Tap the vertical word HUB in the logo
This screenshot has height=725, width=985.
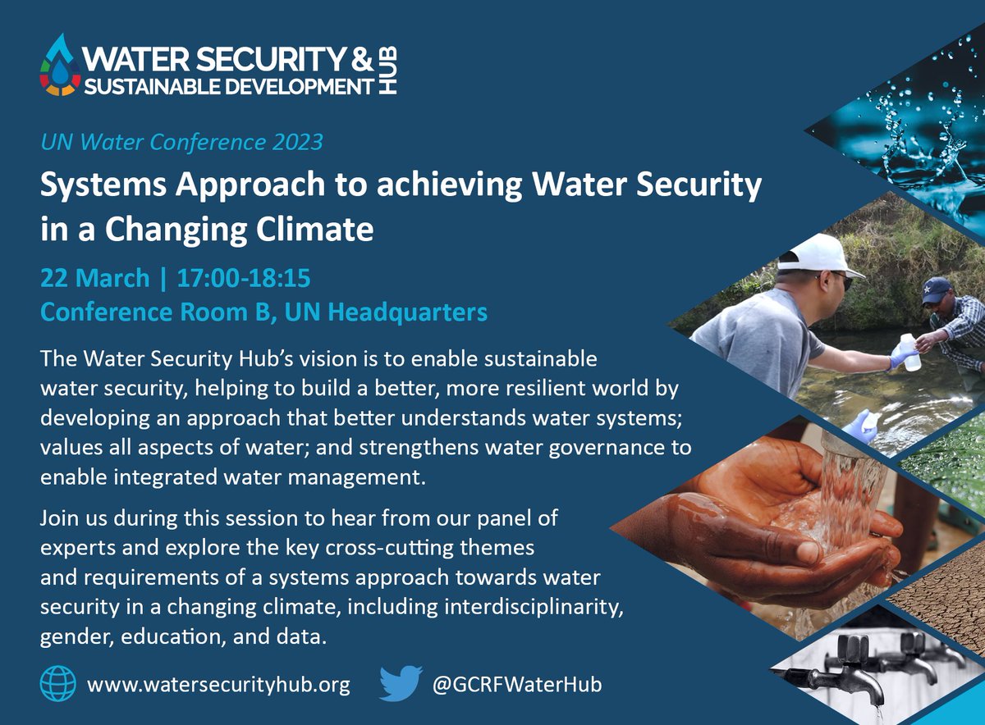click(x=389, y=70)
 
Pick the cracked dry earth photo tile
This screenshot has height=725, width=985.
click(x=944, y=599)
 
